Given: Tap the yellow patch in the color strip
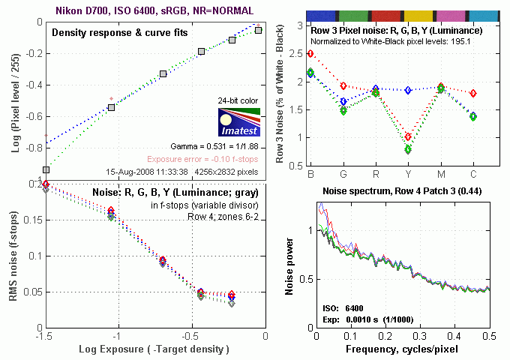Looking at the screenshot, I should coord(418,15).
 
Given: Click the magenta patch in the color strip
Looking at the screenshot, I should coord(452,15).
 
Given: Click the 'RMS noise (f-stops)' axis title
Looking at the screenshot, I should coord(13,256).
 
